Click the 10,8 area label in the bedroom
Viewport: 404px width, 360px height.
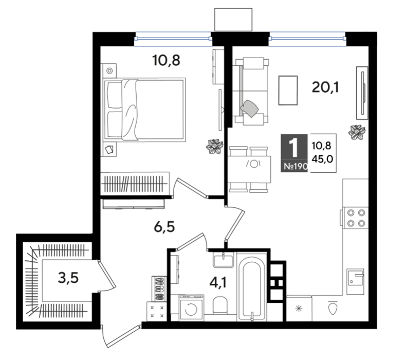click(x=166, y=61)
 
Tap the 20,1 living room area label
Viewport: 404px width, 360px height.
click(x=325, y=87)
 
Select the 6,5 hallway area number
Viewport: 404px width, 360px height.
click(x=164, y=227)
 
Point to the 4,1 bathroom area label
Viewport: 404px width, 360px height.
click(x=218, y=283)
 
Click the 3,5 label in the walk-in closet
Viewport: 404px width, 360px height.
click(x=68, y=278)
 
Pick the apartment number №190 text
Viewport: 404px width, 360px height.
click(x=296, y=166)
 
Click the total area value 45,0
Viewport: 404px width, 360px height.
click(x=322, y=159)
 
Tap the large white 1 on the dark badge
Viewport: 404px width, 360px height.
click(x=293, y=148)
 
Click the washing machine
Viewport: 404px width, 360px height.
click(x=191, y=308)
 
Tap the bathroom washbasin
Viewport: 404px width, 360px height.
click(x=224, y=259)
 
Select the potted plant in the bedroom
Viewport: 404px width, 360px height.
click(x=214, y=147)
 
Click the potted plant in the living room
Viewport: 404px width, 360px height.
click(x=357, y=132)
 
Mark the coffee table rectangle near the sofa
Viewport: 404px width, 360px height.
click(x=288, y=91)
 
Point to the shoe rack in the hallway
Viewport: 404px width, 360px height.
click(x=159, y=289)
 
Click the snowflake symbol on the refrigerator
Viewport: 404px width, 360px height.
click(x=299, y=308)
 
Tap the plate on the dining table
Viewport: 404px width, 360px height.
click(x=254, y=164)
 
